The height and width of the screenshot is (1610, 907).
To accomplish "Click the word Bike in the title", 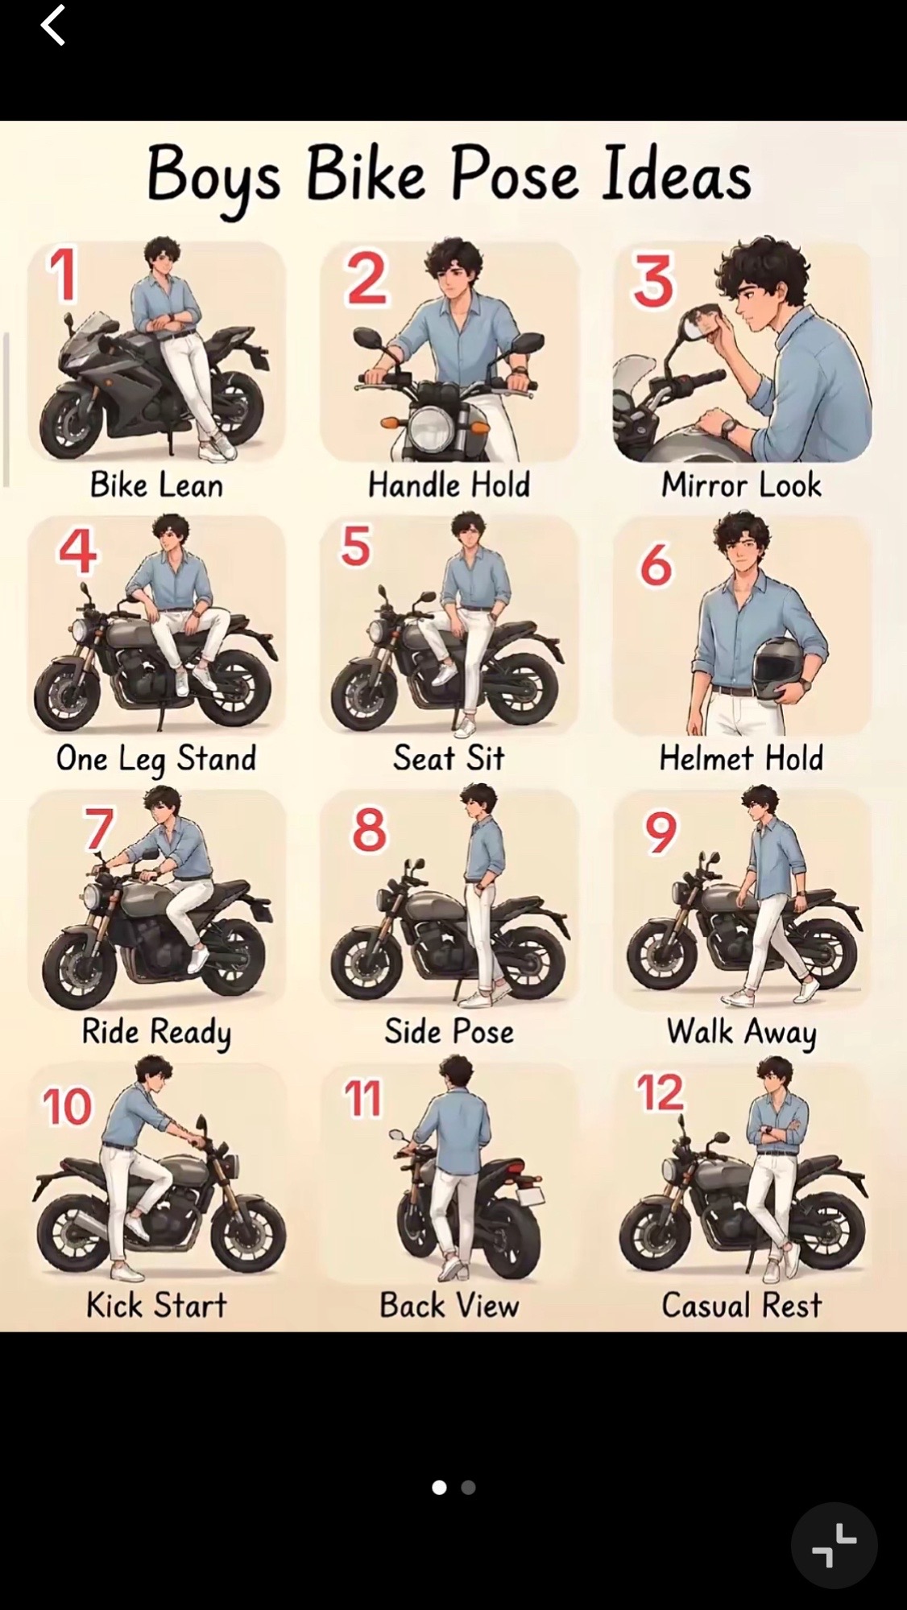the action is click(x=365, y=174).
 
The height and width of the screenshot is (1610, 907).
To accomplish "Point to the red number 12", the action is click(x=660, y=1092).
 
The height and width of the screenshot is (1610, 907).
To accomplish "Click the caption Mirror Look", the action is click(x=741, y=485).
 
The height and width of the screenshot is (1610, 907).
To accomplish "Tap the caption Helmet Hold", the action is click(x=741, y=758).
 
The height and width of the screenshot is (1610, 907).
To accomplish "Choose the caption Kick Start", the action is click(x=157, y=1305).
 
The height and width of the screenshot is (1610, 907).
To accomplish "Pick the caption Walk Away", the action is click(x=741, y=1032).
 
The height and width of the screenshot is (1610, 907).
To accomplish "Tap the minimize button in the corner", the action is click(x=835, y=1546).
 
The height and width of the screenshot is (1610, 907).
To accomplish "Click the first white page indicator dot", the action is click(x=439, y=1487).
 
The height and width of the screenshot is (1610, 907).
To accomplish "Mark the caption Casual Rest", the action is click(x=741, y=1305).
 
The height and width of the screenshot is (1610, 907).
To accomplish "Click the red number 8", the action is click(x=369, y=830).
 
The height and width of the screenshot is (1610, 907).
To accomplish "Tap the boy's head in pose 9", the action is click(x=760, y=801).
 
